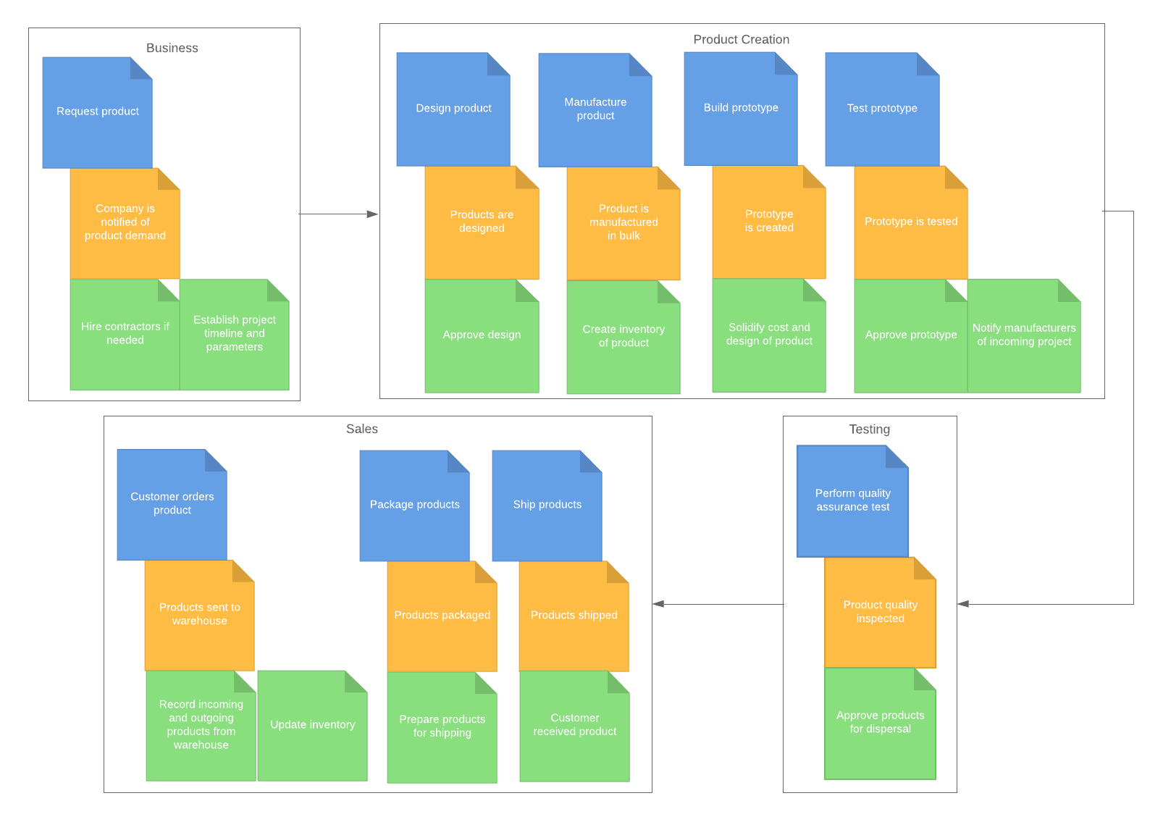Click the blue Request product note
click(x=98, y=113)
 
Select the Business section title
click(x=172, y=49)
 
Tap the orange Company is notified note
click(x=125, y=223)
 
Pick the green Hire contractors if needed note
click(x=125, y=334)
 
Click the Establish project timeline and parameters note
click(x=234, y=334)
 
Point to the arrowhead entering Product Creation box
click(x=373, y=214)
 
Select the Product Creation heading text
click(x=741, y=40)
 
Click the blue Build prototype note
click(x=741, y=109)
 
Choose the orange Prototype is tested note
click(x=910, y=222)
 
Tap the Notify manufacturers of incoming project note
click(x=1023, y=335)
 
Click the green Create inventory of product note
click(x=623, y=337)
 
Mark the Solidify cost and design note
click(x=768, y=335)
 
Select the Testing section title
click(x=869, y=429)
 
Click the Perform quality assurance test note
click(x=852, y=501)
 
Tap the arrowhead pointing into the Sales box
click(x=658, y=604)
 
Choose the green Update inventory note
click(x=312, y=725)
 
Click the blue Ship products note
click(x=547, y=506)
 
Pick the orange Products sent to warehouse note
click(x=199, y=615)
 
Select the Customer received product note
click(x=574, y=726)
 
